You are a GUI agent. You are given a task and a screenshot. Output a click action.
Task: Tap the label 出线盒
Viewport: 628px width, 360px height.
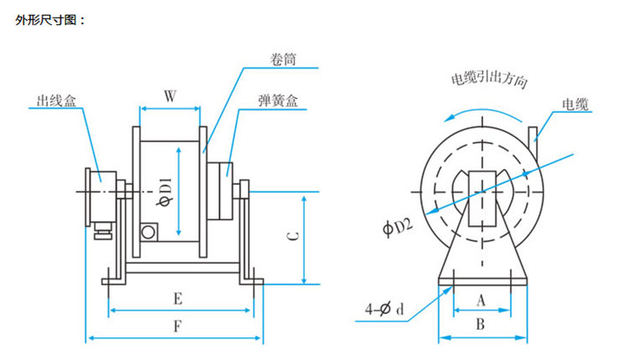[55, 101]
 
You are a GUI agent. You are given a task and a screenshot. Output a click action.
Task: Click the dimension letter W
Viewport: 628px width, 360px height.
[170, 96]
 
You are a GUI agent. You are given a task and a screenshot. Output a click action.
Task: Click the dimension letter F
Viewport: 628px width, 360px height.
[177, 327]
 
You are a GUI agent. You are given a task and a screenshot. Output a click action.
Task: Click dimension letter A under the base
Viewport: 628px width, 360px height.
[481, 299]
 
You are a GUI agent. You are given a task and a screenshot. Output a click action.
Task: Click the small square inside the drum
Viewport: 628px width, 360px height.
[148, 229]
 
